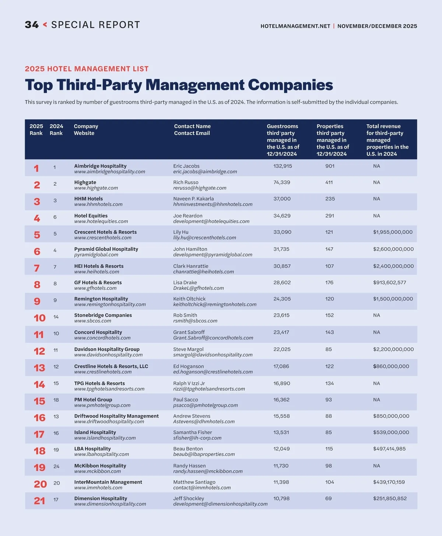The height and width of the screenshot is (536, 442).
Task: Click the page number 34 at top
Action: tap(32, 25)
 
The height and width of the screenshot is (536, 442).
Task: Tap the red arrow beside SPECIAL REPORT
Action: tap(45, 25)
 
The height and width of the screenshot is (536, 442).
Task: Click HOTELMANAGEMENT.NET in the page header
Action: tap(295, 26)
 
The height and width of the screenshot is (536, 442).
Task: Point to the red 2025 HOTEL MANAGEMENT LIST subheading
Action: tap(87, 69)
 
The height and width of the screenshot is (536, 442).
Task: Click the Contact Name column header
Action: tap(192, 126)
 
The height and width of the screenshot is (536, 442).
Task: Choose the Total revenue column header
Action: tap(383, 126)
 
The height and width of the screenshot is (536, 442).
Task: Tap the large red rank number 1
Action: tap(36, 168)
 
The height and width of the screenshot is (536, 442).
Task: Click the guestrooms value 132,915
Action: tap(283, 166)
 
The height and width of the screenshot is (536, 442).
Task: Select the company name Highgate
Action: tap(85, 182)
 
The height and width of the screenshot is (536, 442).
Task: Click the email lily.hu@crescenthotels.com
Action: tap(204, 238)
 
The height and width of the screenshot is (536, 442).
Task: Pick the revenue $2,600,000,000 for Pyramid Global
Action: tap(393, 249)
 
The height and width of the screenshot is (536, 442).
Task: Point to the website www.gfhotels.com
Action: tap(95, 288)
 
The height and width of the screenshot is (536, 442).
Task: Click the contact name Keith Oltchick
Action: tap(189, 299)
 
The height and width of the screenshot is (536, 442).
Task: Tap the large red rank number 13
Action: tap(39, 368)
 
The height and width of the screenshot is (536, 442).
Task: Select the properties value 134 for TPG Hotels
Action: tap(329, 383)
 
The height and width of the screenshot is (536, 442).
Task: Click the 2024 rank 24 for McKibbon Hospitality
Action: tap(56, 466)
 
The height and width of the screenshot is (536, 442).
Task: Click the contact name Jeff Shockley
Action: tap(188, 498)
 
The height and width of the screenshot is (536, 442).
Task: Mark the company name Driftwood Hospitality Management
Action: tap(116, 416)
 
